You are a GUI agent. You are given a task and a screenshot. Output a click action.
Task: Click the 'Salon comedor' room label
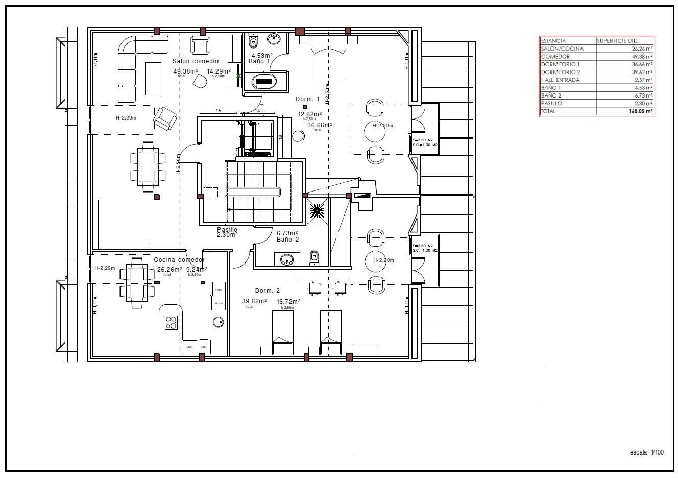point(196,61)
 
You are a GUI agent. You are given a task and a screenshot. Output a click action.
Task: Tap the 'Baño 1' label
point(259,61)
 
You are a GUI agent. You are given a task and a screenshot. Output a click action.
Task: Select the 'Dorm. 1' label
point(307,99)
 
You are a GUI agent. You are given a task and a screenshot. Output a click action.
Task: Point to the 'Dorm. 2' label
point(268,291)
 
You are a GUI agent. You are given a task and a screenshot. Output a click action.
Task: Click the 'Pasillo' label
point(227,230)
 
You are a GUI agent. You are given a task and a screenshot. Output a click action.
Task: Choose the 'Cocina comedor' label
point(179,260)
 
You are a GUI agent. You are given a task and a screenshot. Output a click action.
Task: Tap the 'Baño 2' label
point(287,239)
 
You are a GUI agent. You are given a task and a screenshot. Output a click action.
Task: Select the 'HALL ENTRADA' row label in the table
point(560,80)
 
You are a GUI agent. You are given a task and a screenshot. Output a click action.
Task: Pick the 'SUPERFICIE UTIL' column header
point(617,41)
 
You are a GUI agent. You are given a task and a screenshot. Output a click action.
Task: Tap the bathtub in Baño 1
point(264,81)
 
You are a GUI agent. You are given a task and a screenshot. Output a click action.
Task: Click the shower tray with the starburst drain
point(318,210)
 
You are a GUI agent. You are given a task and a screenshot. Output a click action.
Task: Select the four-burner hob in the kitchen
point(171,322)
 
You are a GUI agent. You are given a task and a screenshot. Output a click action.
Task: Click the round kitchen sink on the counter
point(219,322)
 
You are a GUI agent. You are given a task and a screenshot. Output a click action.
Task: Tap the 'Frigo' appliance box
point(218,289)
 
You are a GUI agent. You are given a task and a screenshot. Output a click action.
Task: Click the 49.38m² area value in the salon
point(185,71)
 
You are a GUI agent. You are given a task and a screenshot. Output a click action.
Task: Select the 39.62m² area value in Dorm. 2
point(254,301)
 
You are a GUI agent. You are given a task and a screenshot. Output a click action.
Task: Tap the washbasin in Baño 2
point(287,260)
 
